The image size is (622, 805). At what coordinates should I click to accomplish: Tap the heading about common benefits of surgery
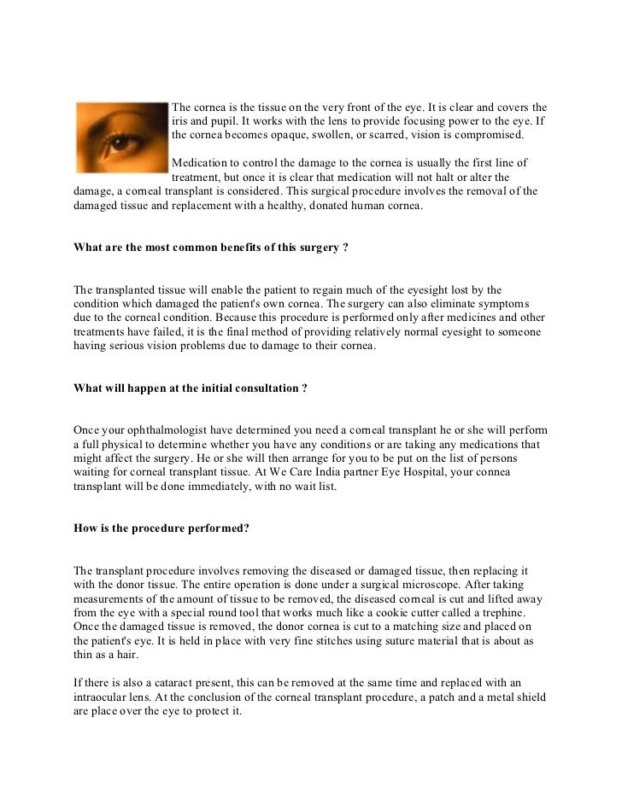point(211,248)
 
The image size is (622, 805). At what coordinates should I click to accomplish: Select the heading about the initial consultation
point(191,388)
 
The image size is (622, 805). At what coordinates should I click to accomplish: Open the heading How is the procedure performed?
point(161,528)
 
